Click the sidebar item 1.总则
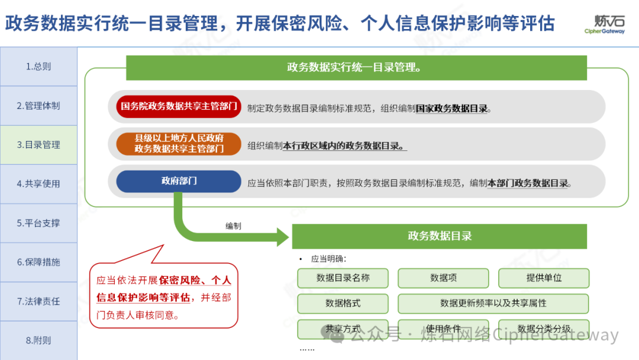[38, 66]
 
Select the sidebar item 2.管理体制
[38, 105]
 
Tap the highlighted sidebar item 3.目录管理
[38, 144]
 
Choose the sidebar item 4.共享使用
[38, 184]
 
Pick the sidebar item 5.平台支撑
[38, 223]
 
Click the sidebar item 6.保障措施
[38, 262]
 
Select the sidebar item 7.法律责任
[38, 301]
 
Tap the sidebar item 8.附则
[38, 340]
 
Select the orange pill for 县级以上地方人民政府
[179, 144]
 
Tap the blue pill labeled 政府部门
[179, 181]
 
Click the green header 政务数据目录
[439, 236]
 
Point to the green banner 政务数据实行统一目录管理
[356, 67]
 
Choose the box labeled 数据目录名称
[343, 278]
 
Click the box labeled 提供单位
[544, 278]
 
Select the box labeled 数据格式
[343, 303]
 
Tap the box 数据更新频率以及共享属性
[493, 303]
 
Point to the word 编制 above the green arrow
[233, 226]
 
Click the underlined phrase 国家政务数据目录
[452, 108]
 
